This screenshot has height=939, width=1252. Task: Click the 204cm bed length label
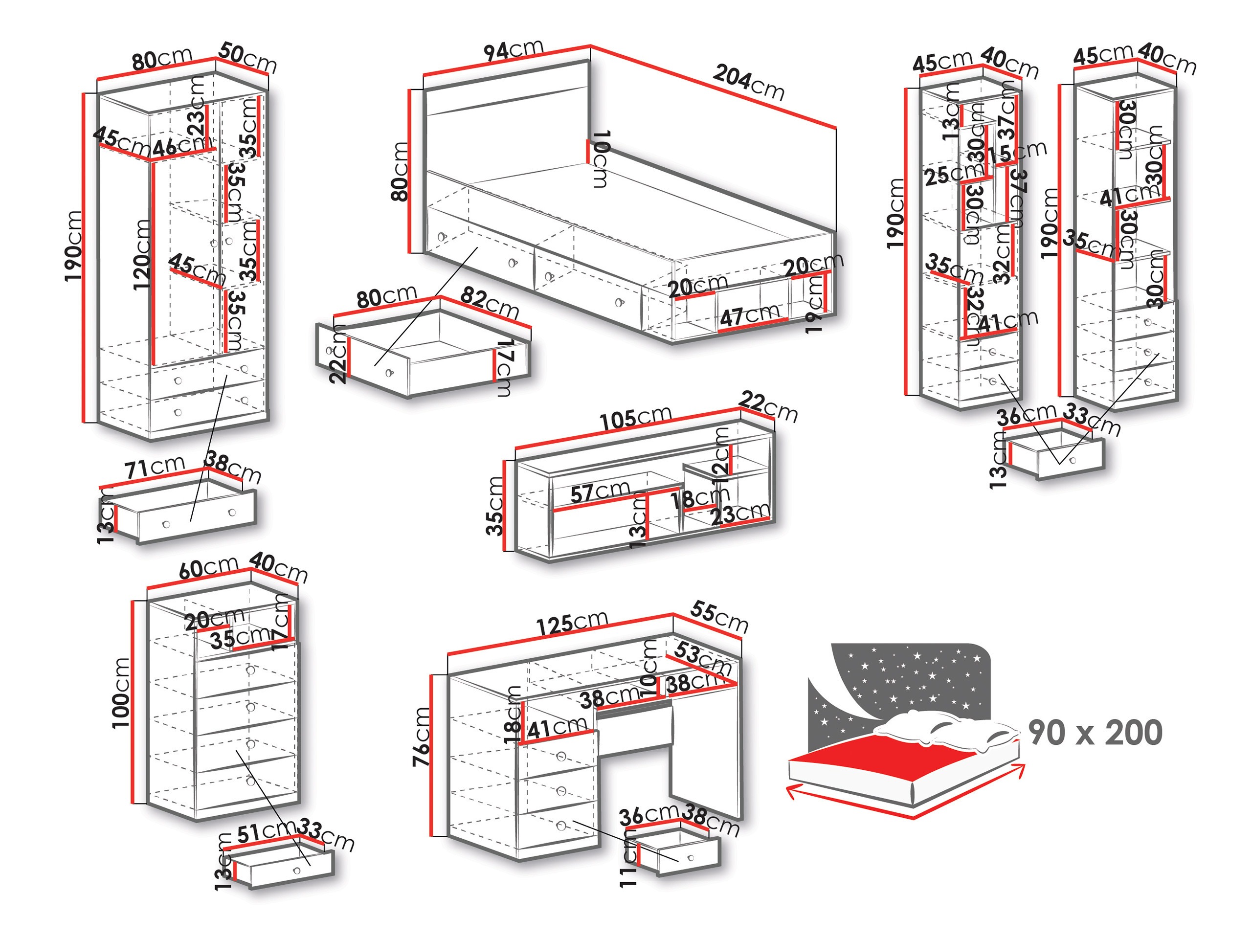[x=748, y=83]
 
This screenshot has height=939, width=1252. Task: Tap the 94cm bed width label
[x=514, y=50]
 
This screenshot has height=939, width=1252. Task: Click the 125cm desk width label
[x=572, y=625]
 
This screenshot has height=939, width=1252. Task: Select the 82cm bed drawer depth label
[x=490, y=303]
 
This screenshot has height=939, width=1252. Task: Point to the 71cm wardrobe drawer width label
[x=155, y=467]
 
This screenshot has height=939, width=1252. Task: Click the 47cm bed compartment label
[x=750, y=314]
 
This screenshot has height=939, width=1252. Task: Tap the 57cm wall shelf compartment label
[x=600, y=492]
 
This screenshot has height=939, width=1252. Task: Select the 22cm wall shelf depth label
[x=768, y=407]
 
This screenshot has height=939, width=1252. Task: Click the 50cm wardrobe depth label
[x=247, y=57]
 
